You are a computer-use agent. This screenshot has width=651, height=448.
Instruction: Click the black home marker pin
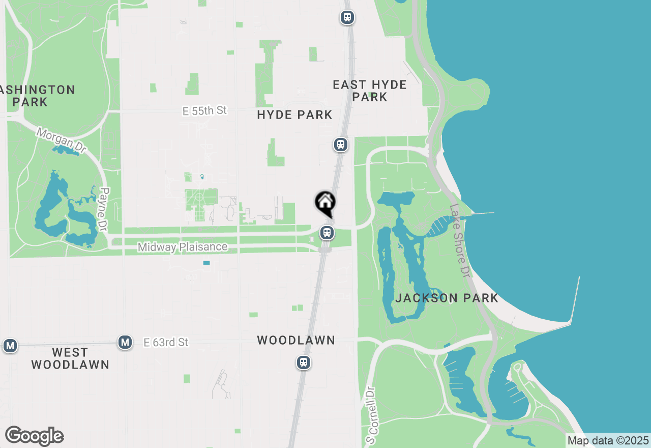pos(325,203)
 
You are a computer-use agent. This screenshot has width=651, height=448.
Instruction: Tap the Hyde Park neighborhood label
pos(294,115)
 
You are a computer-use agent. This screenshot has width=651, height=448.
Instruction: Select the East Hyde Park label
pos(370,91)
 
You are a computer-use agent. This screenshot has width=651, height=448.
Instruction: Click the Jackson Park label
pos(447,298)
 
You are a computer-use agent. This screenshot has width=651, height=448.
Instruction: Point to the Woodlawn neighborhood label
pos(296,340)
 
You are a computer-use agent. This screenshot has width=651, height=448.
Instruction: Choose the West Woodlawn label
pos(70,358)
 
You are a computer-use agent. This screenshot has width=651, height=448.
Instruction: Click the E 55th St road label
pos(204,110)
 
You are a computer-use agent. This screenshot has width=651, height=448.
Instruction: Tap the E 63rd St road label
pos(166,343)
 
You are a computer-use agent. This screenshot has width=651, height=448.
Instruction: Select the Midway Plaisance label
pos(183,247)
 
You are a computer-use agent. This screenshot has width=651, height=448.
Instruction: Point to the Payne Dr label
pos(105,210)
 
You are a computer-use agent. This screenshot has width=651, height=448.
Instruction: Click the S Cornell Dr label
pos(372,414)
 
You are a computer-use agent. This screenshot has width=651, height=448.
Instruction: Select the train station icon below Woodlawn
pos(304,362)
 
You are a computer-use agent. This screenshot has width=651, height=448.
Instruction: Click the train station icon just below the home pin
pos(327,233)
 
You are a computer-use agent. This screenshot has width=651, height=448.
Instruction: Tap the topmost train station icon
pos(347,17)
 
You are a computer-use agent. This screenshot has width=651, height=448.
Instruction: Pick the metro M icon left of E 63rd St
pos(125,342)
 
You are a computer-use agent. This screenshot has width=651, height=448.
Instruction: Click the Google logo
pos(34,436)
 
